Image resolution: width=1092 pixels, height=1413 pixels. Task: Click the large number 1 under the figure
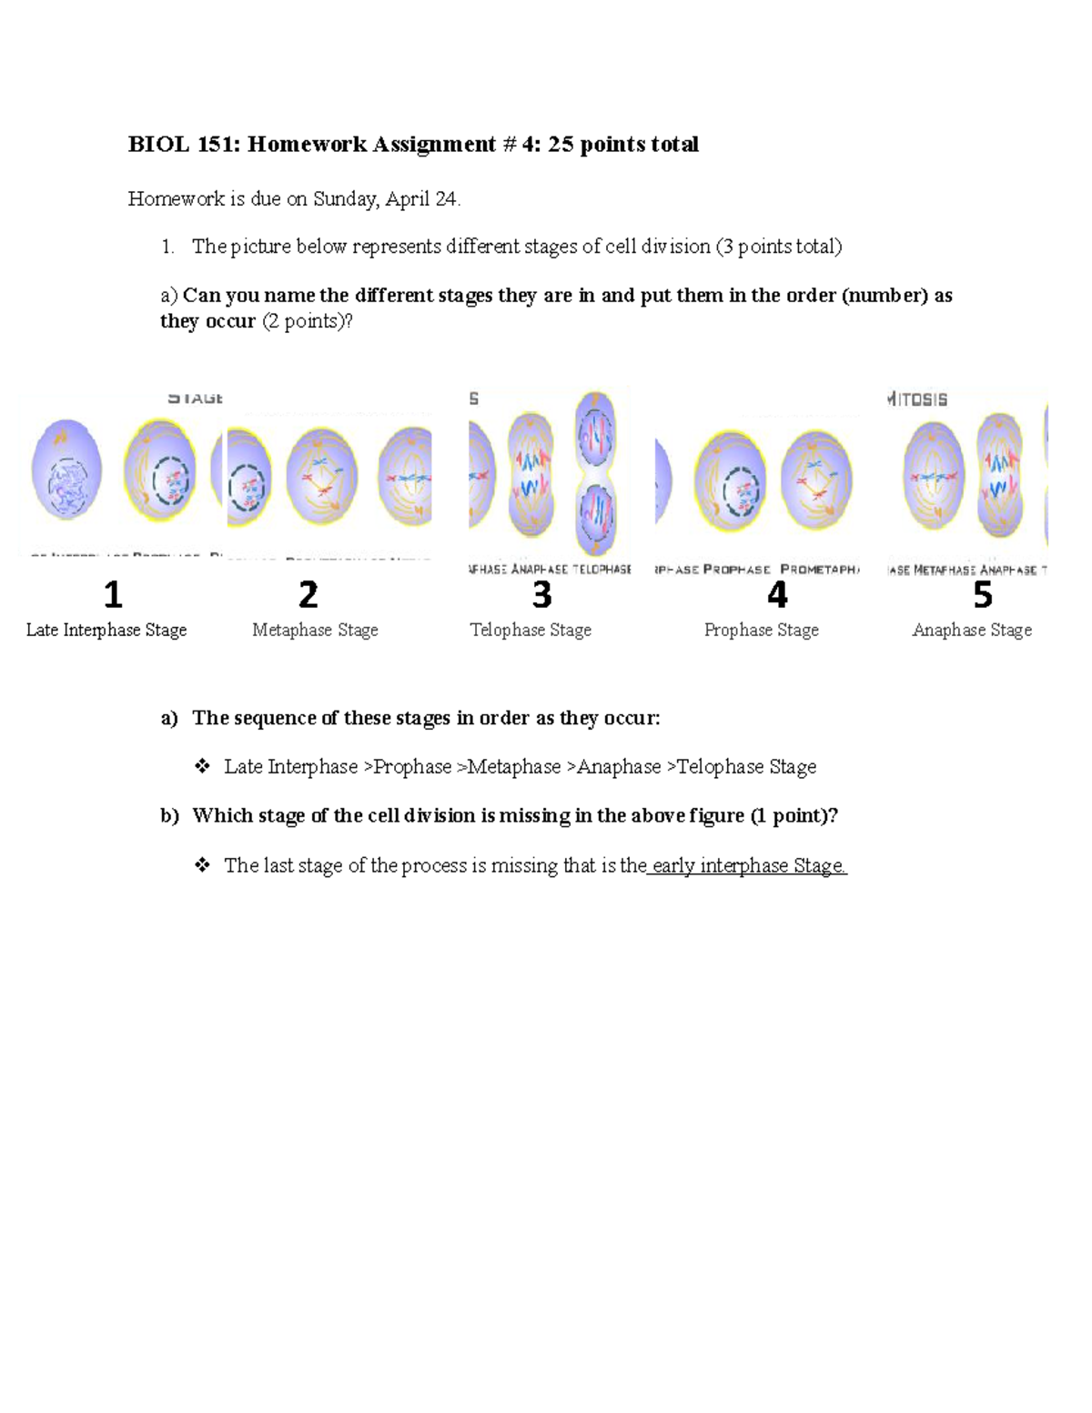[112, 595]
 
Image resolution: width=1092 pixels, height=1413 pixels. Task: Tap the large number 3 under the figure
[541, 595]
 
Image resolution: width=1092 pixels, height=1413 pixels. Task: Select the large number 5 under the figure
[983, 595]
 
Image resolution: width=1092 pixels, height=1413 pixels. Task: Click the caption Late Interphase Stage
[106, 630]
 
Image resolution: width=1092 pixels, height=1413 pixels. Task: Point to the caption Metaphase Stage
[315, 630]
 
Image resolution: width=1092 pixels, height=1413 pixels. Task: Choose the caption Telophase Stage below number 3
[531, 630]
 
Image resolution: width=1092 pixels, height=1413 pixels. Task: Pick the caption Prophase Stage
[762, 630]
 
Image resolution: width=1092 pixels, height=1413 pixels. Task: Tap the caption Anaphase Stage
[972, 630]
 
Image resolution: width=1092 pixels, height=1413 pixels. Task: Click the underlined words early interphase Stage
[748, 865]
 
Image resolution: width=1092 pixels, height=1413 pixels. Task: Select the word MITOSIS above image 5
[917, 399]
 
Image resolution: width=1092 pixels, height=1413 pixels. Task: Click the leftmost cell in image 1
[66, 469]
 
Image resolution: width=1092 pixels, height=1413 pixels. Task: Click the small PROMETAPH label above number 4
[819, 570]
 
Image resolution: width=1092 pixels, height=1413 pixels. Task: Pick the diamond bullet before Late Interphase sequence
[202, 766]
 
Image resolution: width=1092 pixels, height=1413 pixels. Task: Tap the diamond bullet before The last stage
[202, 864]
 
